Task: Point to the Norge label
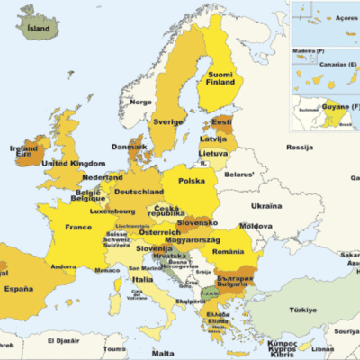(140, 102)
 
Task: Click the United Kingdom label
(74, 163)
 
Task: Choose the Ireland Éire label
(22, 153)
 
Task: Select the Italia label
(142, 279)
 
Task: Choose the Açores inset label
(346, 16)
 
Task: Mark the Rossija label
(298, 147)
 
